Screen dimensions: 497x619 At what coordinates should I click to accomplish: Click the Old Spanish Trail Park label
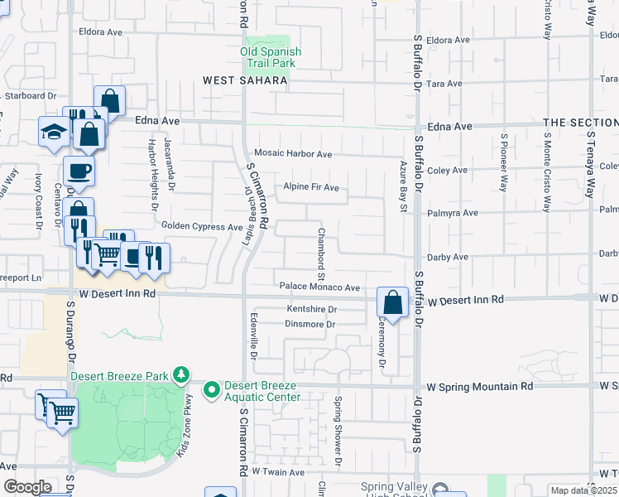(x=271, y=57)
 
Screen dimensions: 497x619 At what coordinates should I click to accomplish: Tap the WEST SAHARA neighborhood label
(x=246, y=81)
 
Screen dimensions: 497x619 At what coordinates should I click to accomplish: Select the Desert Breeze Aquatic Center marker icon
(x=212, y=388)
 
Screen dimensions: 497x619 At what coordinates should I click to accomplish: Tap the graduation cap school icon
(x=53, y=132)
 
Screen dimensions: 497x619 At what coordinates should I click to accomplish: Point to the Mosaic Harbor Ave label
(x=293, y=154)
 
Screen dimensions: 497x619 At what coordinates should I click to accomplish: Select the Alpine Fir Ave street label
(x=311, y=187)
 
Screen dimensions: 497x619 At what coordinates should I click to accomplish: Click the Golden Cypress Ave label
(x=202, y=226)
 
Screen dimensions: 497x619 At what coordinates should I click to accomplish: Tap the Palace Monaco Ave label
(x=319, y=287)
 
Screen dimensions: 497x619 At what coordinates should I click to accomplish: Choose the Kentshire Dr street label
(x=312, y=310)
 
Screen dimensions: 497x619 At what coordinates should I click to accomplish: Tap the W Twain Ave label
(x=279, y=471)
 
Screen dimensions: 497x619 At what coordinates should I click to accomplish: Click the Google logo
(x=27, y=487)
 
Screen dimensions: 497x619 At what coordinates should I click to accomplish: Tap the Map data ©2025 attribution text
(x=583, y=490)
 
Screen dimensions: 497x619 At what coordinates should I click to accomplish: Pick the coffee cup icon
(x=79, y=171)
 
